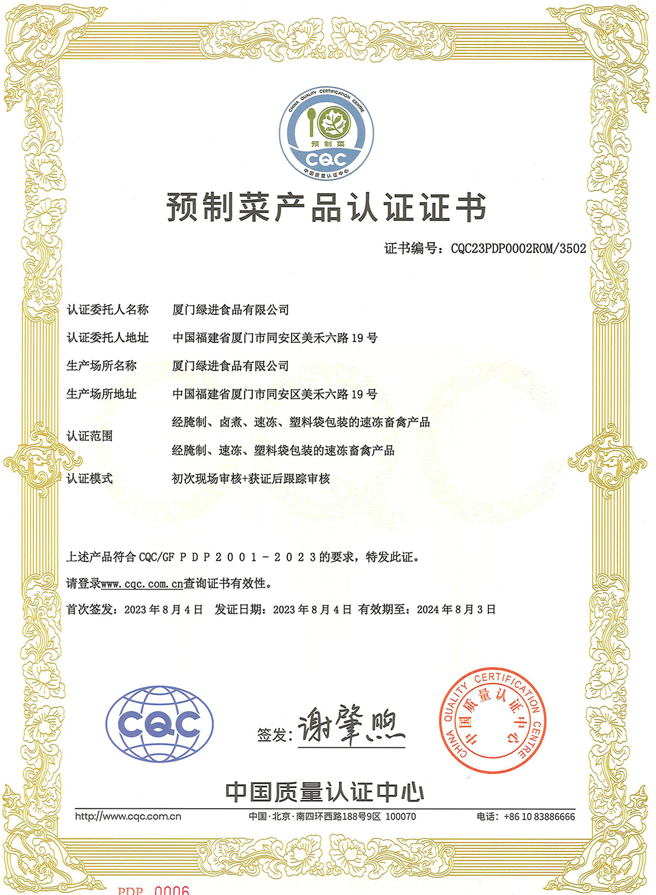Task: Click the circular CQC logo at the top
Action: click(326, 134)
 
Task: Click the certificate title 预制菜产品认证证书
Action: click(326, 208)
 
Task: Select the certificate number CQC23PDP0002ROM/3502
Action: click(518, 249)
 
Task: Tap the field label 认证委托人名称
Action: click(108, 310)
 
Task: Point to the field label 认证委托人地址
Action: click(108, 338)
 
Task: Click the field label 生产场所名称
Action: click(101, 366)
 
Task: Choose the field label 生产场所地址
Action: click(101, 394)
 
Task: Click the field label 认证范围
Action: click(89, 436)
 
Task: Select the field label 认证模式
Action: click(89, 479)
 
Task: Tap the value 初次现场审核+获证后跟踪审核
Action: click(251, 479)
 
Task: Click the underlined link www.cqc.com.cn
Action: click(142, 584)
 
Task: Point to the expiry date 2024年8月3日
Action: click(456, 609)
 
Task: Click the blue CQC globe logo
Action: click(159, 724)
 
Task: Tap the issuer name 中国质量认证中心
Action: click(324, 792)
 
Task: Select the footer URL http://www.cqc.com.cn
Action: click(128, 817)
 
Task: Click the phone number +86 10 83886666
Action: click(539, 817)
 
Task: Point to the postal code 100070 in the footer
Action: click(401, 817)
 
